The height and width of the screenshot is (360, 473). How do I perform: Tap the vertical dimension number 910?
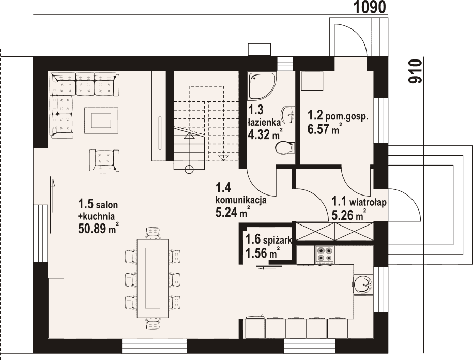(x=415, y=71)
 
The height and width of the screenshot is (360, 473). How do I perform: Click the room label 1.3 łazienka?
(x=263, y=115)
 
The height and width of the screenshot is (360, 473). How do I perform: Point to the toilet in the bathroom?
(x=284, y=147)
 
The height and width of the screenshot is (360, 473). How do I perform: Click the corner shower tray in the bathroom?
(x=261, y=86)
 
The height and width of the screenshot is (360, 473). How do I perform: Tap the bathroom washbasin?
(x=288, y=115)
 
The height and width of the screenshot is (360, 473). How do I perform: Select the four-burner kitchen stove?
(x=325, y=254)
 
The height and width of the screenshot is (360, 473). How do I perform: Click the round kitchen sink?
(x=363, y=284)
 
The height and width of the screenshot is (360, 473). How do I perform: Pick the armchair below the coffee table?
(x=104, y=161)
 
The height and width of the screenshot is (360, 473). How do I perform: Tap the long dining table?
(x=152, y=278)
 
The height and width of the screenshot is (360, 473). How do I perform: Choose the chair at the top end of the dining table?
(x=152, y=233)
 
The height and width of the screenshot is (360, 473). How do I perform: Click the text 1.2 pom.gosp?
(x=338, y=116)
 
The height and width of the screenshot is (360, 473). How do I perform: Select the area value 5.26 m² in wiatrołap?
(x=349, y=215)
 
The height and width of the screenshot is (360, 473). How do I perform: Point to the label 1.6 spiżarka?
(x=268, y=239)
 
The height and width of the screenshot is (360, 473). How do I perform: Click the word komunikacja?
(x=240, y=200)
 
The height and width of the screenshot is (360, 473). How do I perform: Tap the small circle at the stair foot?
(x=189, y=170)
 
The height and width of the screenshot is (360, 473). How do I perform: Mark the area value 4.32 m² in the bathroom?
(x=265, y=134)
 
